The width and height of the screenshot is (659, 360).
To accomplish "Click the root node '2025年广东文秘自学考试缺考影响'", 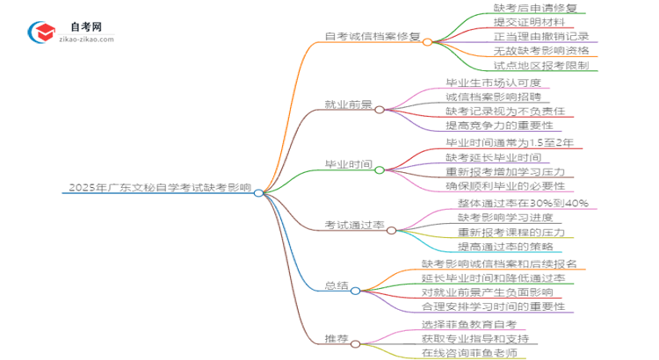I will (x=158, y=187).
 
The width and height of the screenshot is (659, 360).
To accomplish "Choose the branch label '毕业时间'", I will (x=349, y=165).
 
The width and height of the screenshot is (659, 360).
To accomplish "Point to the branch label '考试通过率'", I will (x=354, y=225).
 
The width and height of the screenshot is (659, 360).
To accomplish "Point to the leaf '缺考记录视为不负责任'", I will (x=505, y=112).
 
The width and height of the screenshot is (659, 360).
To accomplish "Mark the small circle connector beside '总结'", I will (x=356, y=291).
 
